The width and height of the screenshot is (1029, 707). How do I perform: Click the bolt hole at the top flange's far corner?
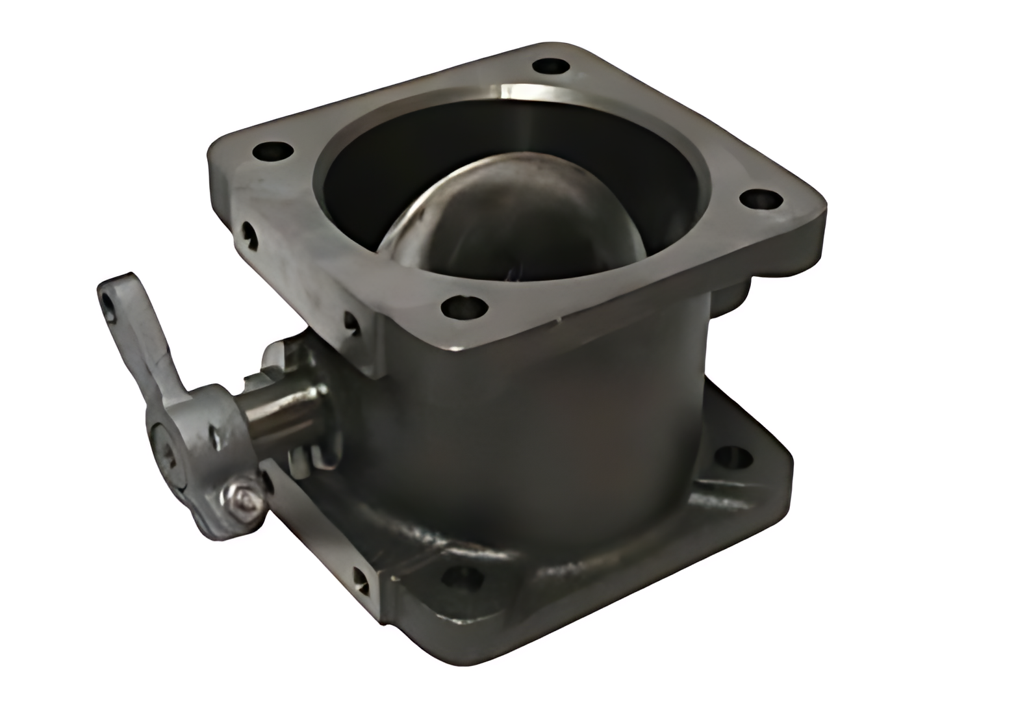551,66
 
